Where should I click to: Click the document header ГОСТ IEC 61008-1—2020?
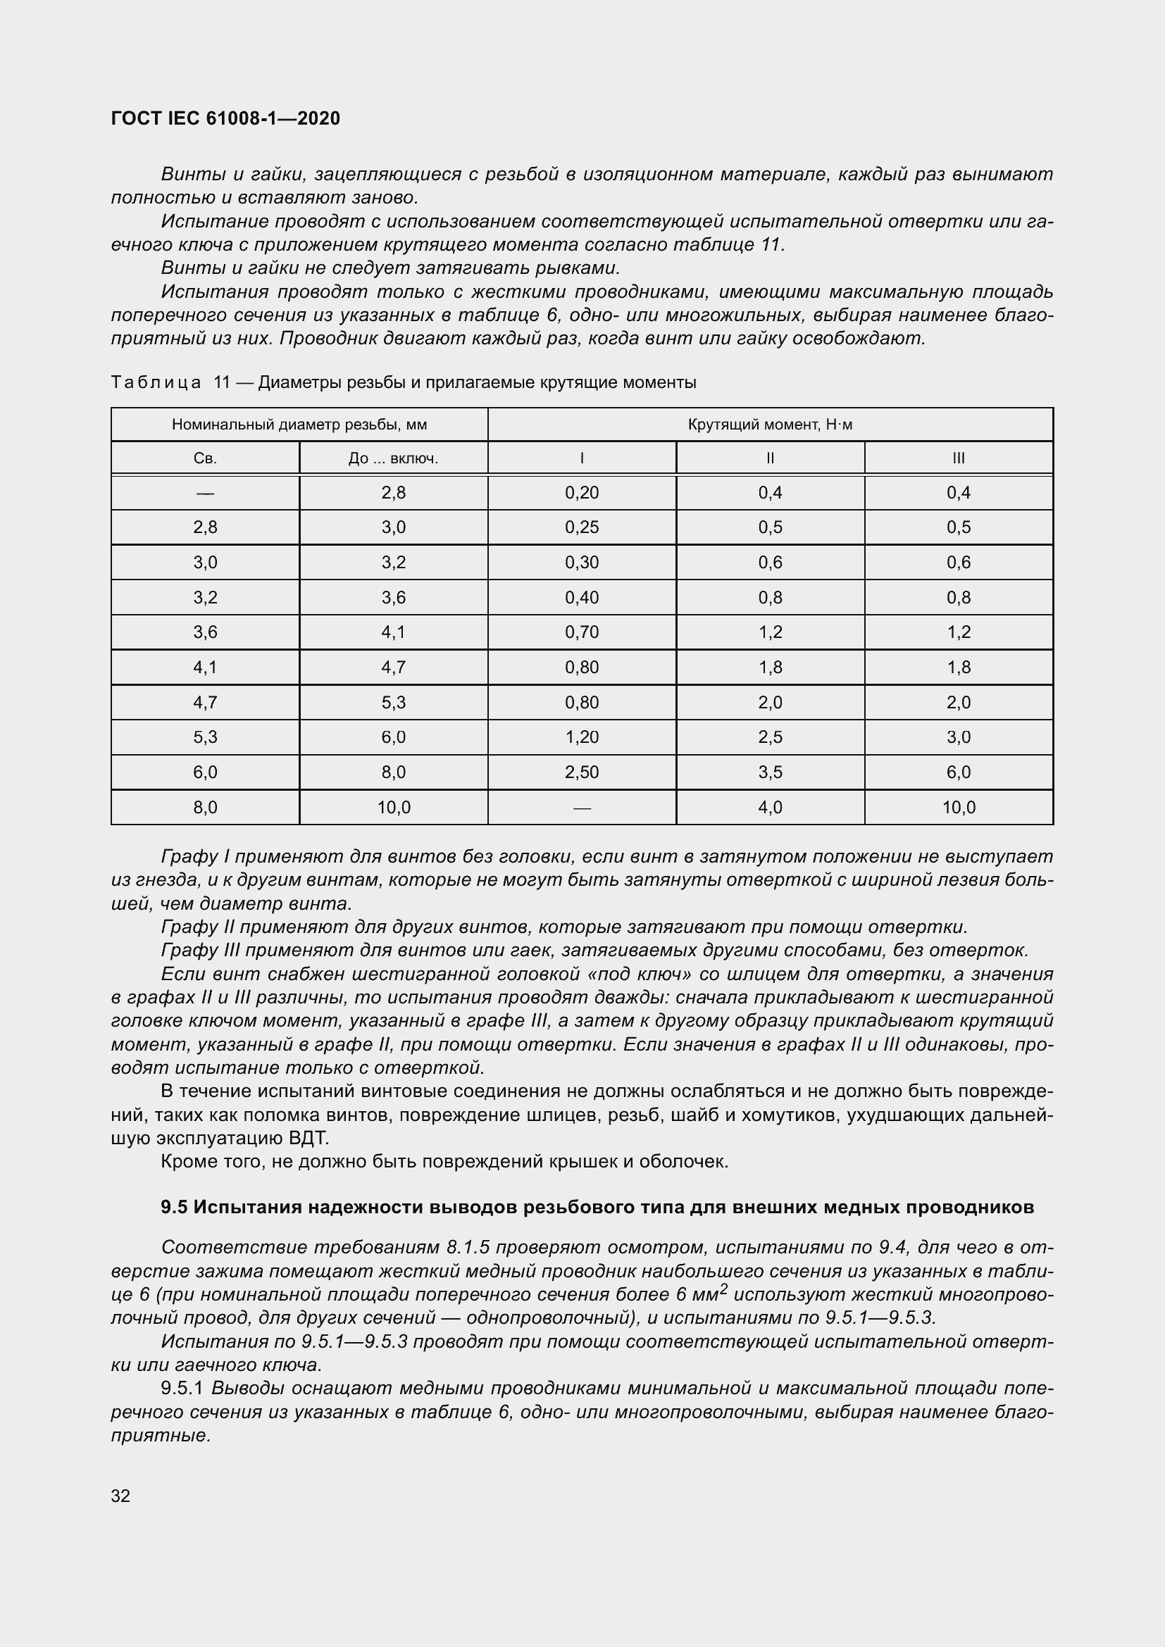pyautogui.click(x=225, y=118)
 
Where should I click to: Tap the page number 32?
pyautogui.click(x=120, y=1496)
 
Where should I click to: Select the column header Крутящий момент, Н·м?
pyautogui.click(x=770, y=424)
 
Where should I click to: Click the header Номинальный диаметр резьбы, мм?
pyautogui.click(x=299, y=424)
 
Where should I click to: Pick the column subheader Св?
pyautogui.click(x=205, y=458)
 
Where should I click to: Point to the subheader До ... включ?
pyautogui.click(x=393, y=458)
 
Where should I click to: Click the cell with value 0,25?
pyautogui.click(x=581, y=527)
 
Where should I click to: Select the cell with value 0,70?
pyautogui.click(x=581, y=632)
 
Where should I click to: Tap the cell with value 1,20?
pyautogui.click(x=581, y=737)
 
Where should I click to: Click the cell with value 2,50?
pyautogui.click(x=581, y=772)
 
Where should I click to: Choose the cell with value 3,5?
pyautogui.click(x=770, y=772)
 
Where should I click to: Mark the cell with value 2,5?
pyautogui.click(x=770, y=737)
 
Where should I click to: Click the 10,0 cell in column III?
pyautogui.click(x=959, y=808)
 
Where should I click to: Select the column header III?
pyautogui.click(x=959, y=458)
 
